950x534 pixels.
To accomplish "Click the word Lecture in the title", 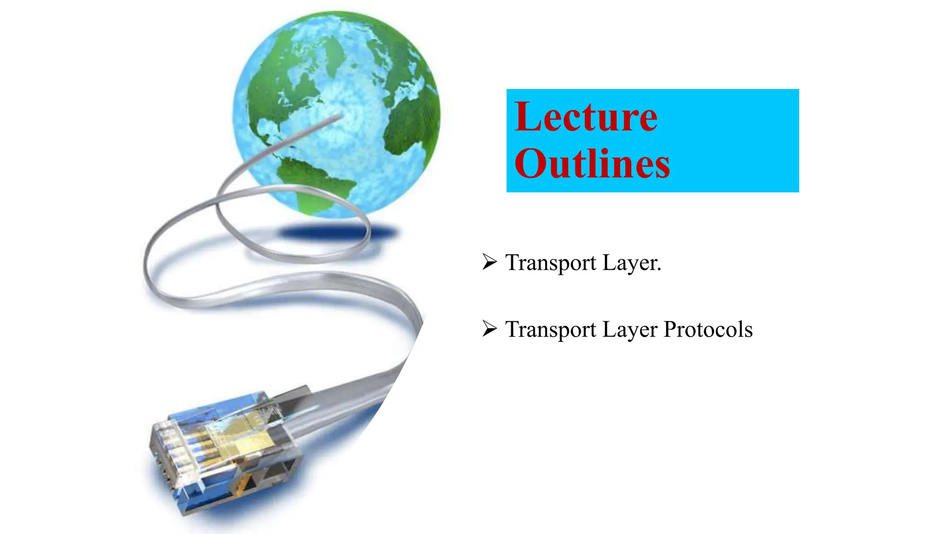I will [x=586, y=117].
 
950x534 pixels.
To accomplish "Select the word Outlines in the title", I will [x=592, y=164].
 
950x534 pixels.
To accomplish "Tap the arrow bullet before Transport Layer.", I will [x=489, y=262].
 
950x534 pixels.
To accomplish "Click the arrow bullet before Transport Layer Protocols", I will [x=489, y=329].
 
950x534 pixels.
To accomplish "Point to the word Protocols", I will [x=708, y=330].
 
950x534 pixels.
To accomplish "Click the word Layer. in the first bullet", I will [x=632, y=263].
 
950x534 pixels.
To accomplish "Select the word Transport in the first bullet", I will [x=551, y=263].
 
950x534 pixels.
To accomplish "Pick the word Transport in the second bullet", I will [x=551, y=330].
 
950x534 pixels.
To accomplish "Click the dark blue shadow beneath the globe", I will [x=339, y=232].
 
